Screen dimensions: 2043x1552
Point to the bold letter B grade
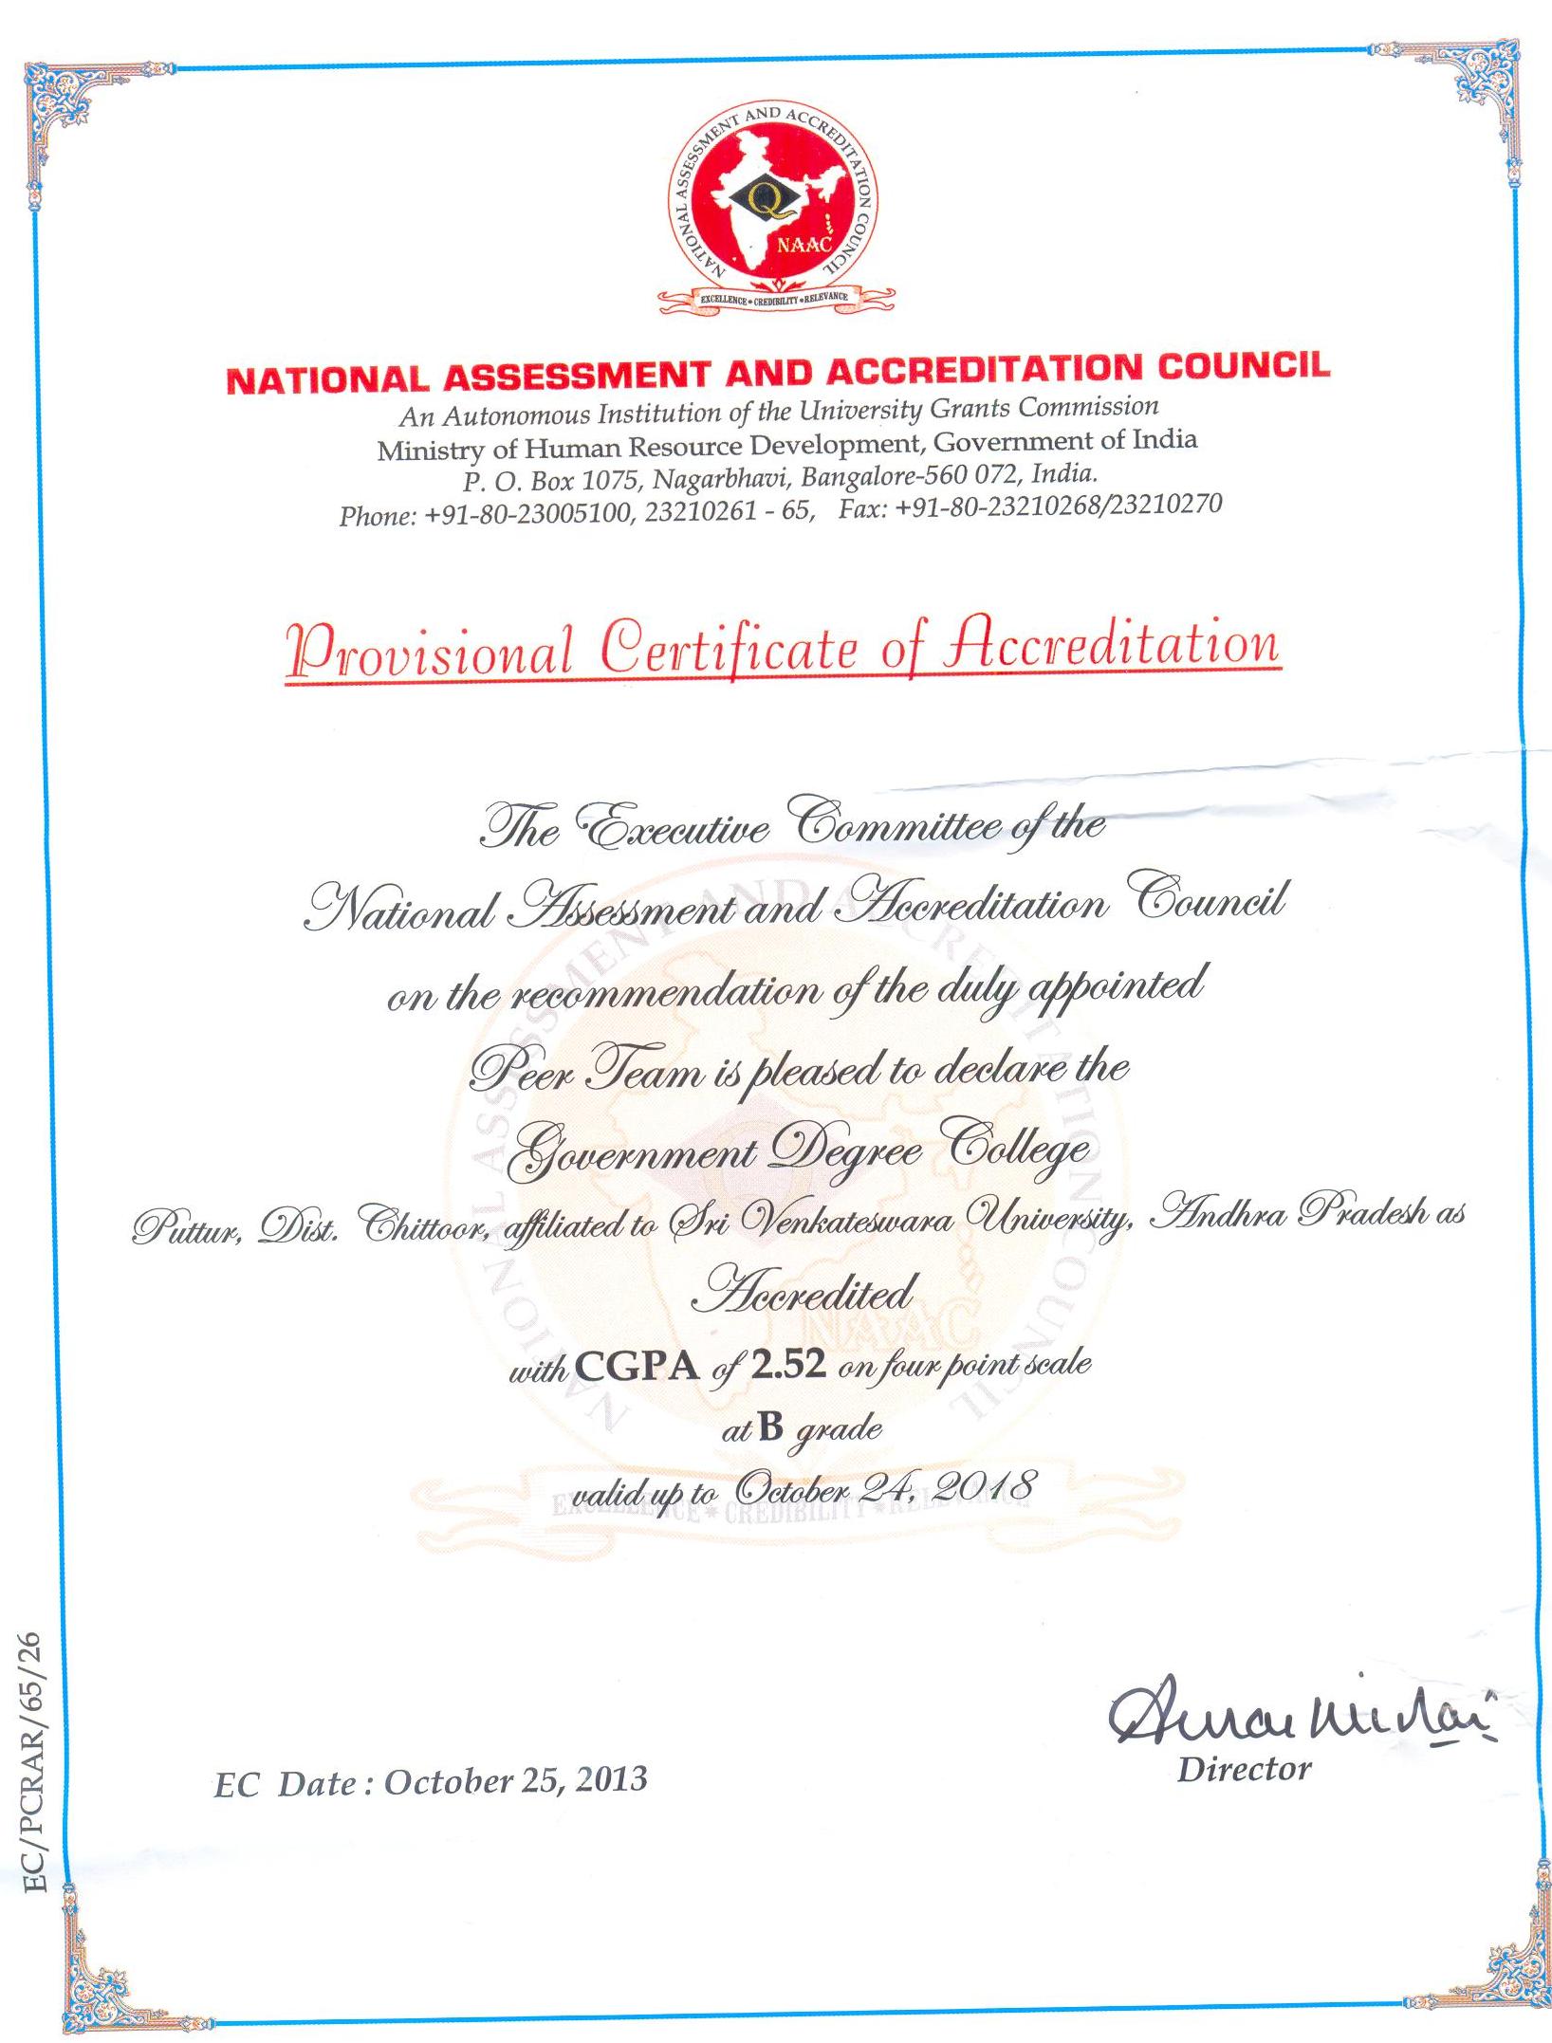(x=770, y=1426)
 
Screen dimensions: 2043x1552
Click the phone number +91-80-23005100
(x=526, y=513)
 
